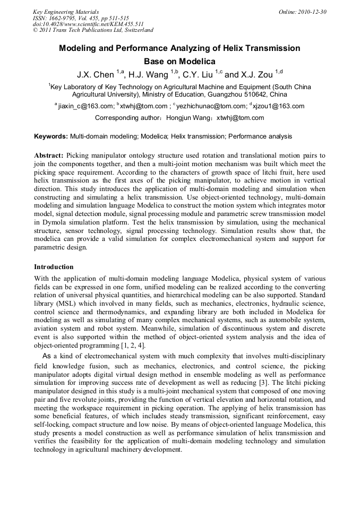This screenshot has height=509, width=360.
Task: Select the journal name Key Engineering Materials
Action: (65, 12)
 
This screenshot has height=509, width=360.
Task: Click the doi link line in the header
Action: (88, 24)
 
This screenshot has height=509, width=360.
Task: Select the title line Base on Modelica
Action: (179, 62)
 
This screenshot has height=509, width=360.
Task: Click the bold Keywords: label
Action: (51, 136)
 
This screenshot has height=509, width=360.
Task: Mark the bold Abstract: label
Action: (49, 156)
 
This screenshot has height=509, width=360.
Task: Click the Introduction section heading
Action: (54, 266)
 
